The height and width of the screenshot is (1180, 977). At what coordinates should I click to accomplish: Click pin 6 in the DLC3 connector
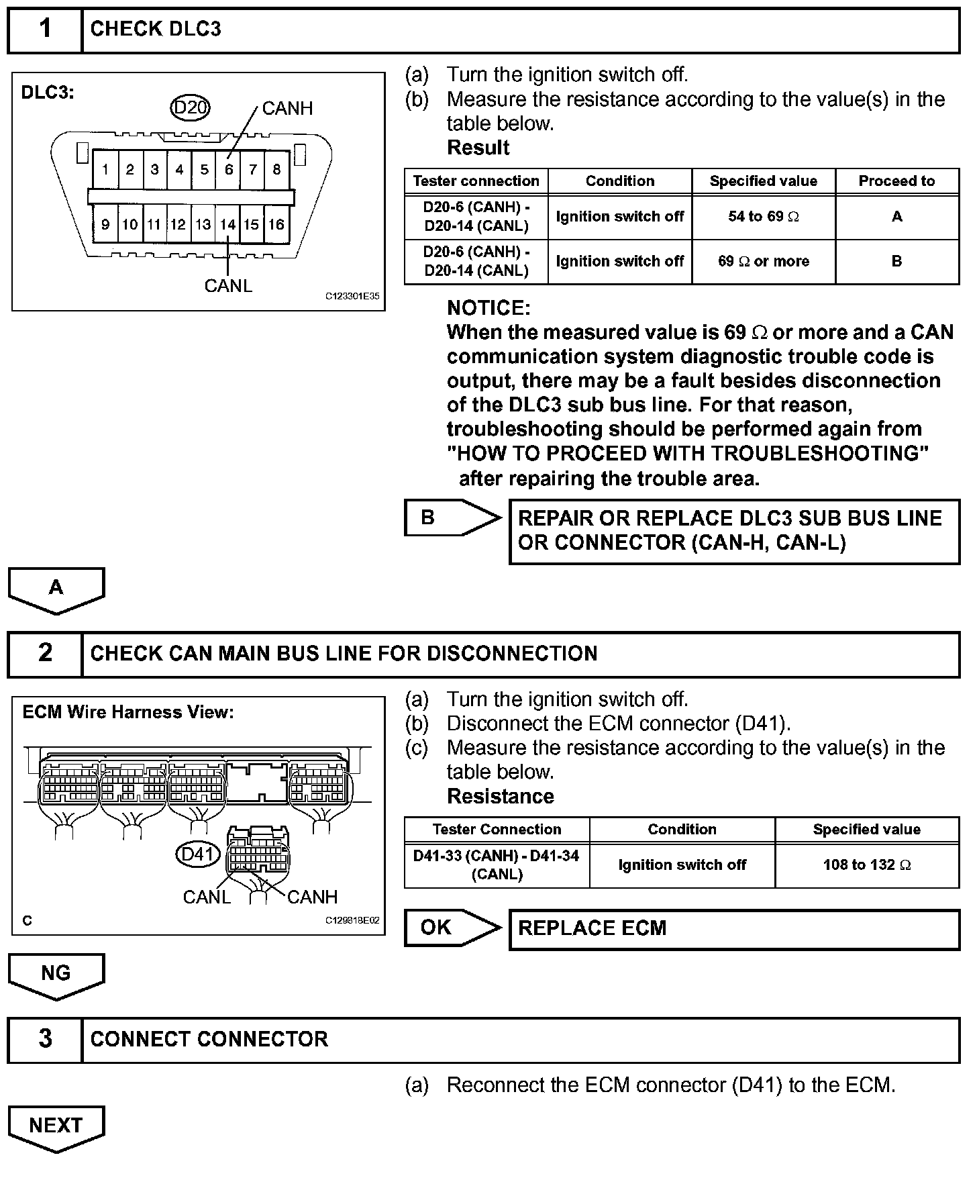[x=229, y=170]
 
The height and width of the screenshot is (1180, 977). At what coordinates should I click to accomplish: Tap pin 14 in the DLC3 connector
[x=228, y=225]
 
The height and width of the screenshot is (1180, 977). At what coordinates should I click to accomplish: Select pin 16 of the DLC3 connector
[x=276, y=225]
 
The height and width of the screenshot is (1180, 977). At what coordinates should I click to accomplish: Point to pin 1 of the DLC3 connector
[x=105, y=170]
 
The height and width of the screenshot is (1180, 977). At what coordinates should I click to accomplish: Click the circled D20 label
[x=191, y=107]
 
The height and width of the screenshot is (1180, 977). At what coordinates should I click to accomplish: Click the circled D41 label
[x=197, y=854]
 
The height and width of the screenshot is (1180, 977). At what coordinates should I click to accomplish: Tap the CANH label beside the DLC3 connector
[x=287, y=108]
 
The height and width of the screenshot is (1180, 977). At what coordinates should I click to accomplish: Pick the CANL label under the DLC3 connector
[x=228, y=286]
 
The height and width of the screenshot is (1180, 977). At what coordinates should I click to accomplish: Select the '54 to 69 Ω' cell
[x=763, y=217]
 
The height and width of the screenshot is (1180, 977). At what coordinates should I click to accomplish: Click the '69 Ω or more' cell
[x=763, y=261]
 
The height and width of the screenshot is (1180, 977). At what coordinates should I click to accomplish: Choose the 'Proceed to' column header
[x=896, y=181]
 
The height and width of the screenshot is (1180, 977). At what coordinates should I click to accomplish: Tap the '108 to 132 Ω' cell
[x=866, y=865]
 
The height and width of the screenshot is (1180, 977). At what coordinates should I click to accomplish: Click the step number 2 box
[x=45, y=653]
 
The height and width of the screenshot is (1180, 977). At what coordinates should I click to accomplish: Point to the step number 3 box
[x=45, y=1038]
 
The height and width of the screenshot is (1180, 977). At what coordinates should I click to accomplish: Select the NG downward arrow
[x=56, y=975]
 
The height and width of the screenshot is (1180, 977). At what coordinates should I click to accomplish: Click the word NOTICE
[x=488, y=308]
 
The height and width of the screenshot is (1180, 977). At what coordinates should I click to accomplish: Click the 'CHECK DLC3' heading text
[x=155, y=29]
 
